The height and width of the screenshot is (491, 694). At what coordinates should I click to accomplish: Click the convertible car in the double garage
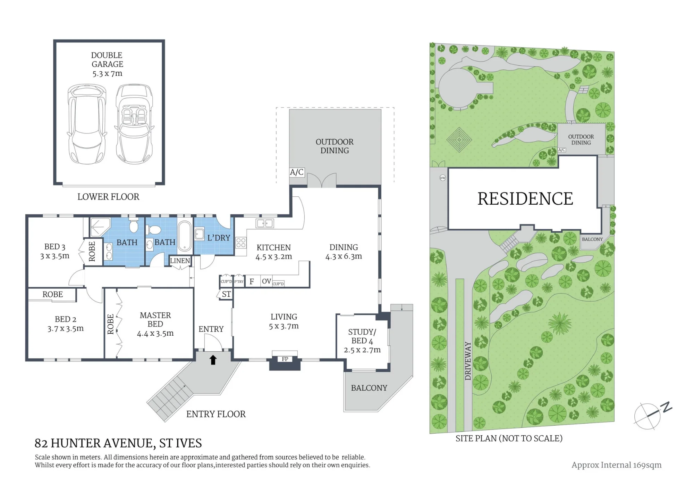point(134,124)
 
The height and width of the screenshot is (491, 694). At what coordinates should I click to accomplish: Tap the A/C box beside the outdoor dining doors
point(297,172)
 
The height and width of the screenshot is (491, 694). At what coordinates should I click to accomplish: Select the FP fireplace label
point(285,359)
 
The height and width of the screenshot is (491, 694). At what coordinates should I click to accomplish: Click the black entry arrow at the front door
point(213,360)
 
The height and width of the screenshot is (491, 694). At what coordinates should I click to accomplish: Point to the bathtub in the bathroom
point(185,236)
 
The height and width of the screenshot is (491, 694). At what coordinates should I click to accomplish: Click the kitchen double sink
point(265,223)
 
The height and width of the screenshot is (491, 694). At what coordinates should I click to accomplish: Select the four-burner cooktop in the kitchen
point(241,243)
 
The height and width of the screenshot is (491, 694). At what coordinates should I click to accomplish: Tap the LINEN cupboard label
point(180,261)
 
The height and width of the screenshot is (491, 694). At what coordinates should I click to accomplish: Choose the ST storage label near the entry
point(226,294)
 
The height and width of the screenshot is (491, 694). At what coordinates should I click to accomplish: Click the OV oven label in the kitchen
point(266,281)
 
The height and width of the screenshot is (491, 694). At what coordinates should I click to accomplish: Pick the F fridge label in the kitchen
point(252,281)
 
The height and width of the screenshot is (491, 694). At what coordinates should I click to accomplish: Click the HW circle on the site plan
point(443,178)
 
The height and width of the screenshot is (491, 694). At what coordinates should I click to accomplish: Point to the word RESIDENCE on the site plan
point(525,199)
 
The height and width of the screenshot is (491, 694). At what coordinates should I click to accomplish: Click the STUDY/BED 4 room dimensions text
point(362,350)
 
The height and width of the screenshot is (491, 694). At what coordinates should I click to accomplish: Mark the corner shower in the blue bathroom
point(100,227)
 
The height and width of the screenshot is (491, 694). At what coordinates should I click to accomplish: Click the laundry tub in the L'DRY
point(199,234)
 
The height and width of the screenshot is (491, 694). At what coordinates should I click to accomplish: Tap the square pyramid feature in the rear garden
point(459,140)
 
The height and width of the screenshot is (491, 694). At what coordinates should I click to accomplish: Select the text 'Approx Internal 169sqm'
point(617,465)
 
